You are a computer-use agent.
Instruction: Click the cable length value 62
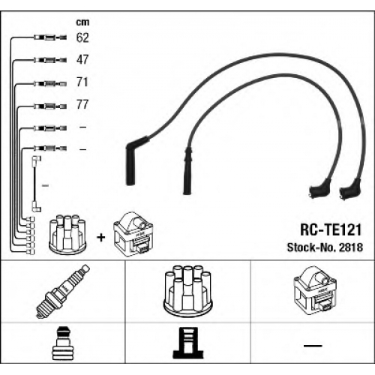pos(82,37)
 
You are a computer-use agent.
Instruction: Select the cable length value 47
pos(82,60)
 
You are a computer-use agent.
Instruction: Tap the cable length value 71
pos(82,82)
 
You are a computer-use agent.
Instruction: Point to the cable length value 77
pos(82,104)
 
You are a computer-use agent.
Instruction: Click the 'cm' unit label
pos(82,22)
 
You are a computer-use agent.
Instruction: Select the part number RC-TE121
pos(331,229)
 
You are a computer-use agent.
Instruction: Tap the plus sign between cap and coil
pos(101,238)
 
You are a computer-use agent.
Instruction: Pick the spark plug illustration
pos(63,292)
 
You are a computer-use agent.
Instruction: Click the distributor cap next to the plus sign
pos(67,232)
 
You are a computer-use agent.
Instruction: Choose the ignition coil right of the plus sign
pos(133,235)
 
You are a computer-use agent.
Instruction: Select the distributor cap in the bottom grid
pos(187,289)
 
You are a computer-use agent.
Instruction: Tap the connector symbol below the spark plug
pos(63,343)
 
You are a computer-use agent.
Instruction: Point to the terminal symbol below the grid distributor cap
pos(188,343)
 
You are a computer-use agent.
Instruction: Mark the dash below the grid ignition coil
pos(313,346)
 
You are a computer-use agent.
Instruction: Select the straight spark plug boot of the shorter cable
pos(187,171)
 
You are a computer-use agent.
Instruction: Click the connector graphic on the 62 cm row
pos(50,37)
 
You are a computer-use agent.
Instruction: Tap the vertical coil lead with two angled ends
pos(34,184)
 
